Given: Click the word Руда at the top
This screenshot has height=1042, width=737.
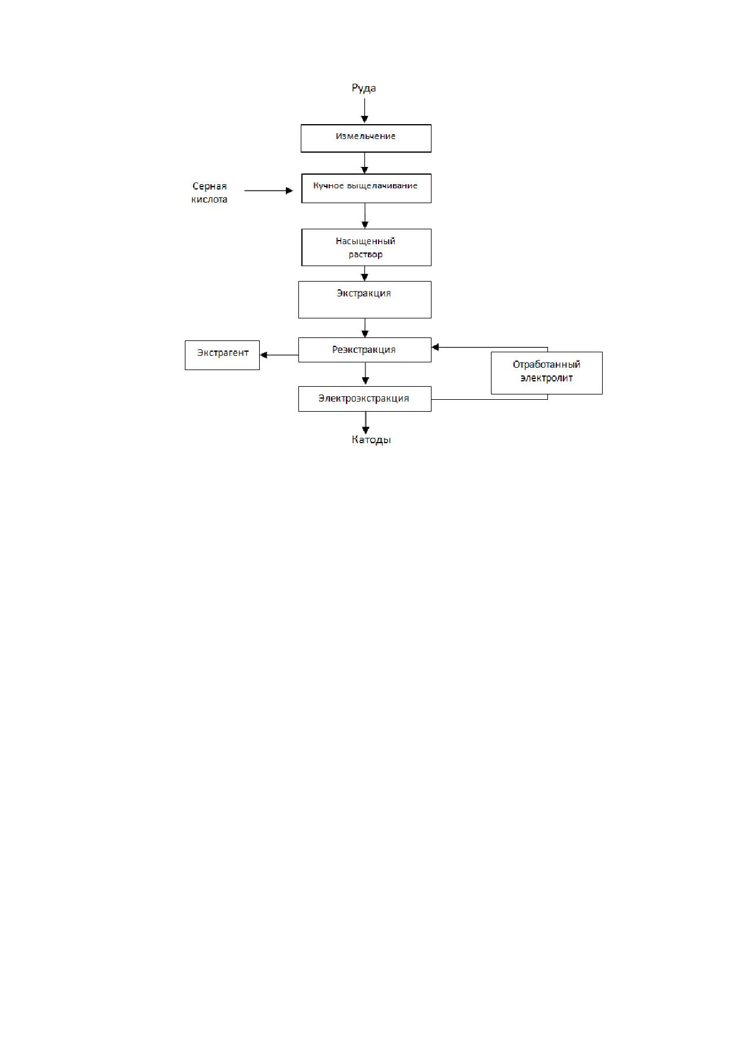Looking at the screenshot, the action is point(364,89).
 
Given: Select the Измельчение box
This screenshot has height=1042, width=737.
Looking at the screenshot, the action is point(366,138).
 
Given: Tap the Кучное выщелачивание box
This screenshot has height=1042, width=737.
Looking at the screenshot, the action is point(366,188).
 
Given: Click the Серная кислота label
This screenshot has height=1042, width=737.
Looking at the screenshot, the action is point(209,193).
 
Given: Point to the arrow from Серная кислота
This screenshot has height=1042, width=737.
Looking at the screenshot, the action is point(269,191).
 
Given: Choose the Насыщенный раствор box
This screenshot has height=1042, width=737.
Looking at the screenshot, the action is point(366,247).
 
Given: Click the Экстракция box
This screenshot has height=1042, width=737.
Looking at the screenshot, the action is point(364,299).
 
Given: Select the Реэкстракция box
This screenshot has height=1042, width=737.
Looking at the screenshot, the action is point(364,350).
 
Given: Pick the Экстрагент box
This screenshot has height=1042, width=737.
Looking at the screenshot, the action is point(222,355).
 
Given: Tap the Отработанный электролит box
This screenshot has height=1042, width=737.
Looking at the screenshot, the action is point(547,373).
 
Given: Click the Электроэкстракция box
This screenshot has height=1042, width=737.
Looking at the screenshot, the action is point(364,399).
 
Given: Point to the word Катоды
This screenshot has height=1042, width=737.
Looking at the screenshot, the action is point(371,440).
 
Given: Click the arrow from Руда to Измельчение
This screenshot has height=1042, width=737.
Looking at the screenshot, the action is point(365,111).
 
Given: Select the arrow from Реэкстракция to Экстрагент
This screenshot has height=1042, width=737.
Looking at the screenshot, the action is point(279,355).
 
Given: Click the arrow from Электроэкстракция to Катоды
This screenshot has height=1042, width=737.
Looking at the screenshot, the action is point(365,423).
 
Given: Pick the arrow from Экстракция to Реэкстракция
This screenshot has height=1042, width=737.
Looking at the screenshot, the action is point(365,328).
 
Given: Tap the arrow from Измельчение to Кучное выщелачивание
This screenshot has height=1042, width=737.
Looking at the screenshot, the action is point(365,163).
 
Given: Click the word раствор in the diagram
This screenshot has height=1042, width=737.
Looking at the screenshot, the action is point(366,255).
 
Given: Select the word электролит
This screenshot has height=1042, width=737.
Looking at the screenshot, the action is point(546,378).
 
